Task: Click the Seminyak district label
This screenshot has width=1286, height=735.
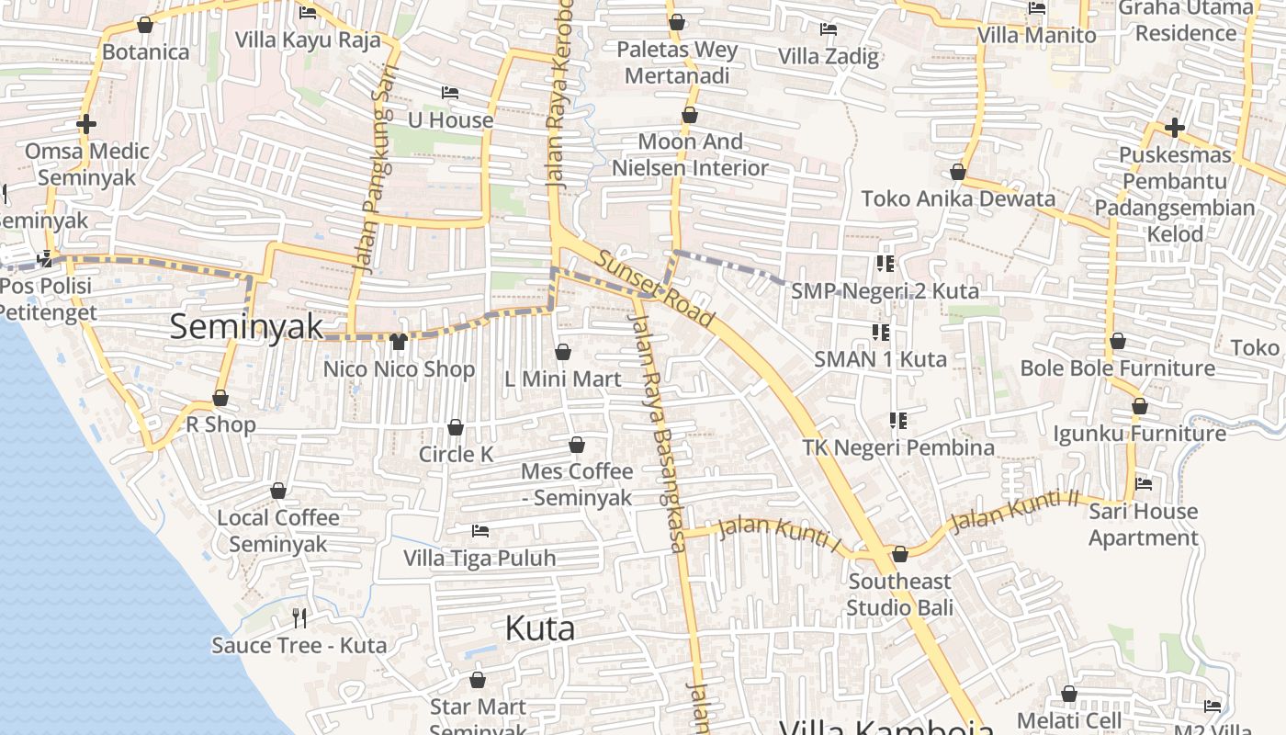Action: pos(246,326)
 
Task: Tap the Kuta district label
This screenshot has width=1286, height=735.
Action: pos(540,628)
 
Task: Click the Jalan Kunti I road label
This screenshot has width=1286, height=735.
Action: pos(780,536)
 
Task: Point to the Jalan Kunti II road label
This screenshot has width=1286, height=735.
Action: pos(1014,511)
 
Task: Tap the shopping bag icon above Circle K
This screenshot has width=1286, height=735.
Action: pos(455,427)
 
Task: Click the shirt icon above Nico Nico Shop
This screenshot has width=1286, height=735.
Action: pos(398,342)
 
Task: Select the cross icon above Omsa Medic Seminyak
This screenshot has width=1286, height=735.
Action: pos(86,123)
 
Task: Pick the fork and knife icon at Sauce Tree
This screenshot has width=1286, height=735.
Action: pos(299,617)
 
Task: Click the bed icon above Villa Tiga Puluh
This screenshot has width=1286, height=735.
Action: pos(479,531)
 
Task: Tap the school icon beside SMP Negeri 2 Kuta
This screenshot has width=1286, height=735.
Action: pos(885,265)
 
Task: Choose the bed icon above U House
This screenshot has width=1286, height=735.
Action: pos(450,93)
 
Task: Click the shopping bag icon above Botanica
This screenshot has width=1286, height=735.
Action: pos(144,25)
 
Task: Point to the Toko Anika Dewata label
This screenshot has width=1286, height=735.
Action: pos(958,198)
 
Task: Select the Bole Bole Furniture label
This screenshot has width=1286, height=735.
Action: pos(1118,368)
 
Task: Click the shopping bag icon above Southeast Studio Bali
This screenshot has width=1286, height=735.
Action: pos(900,554)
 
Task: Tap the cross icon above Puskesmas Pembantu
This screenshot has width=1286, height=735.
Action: pos(1174,128)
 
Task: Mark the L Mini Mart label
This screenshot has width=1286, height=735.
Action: pos(563,379)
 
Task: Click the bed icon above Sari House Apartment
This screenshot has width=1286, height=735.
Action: pos(1144,483)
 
